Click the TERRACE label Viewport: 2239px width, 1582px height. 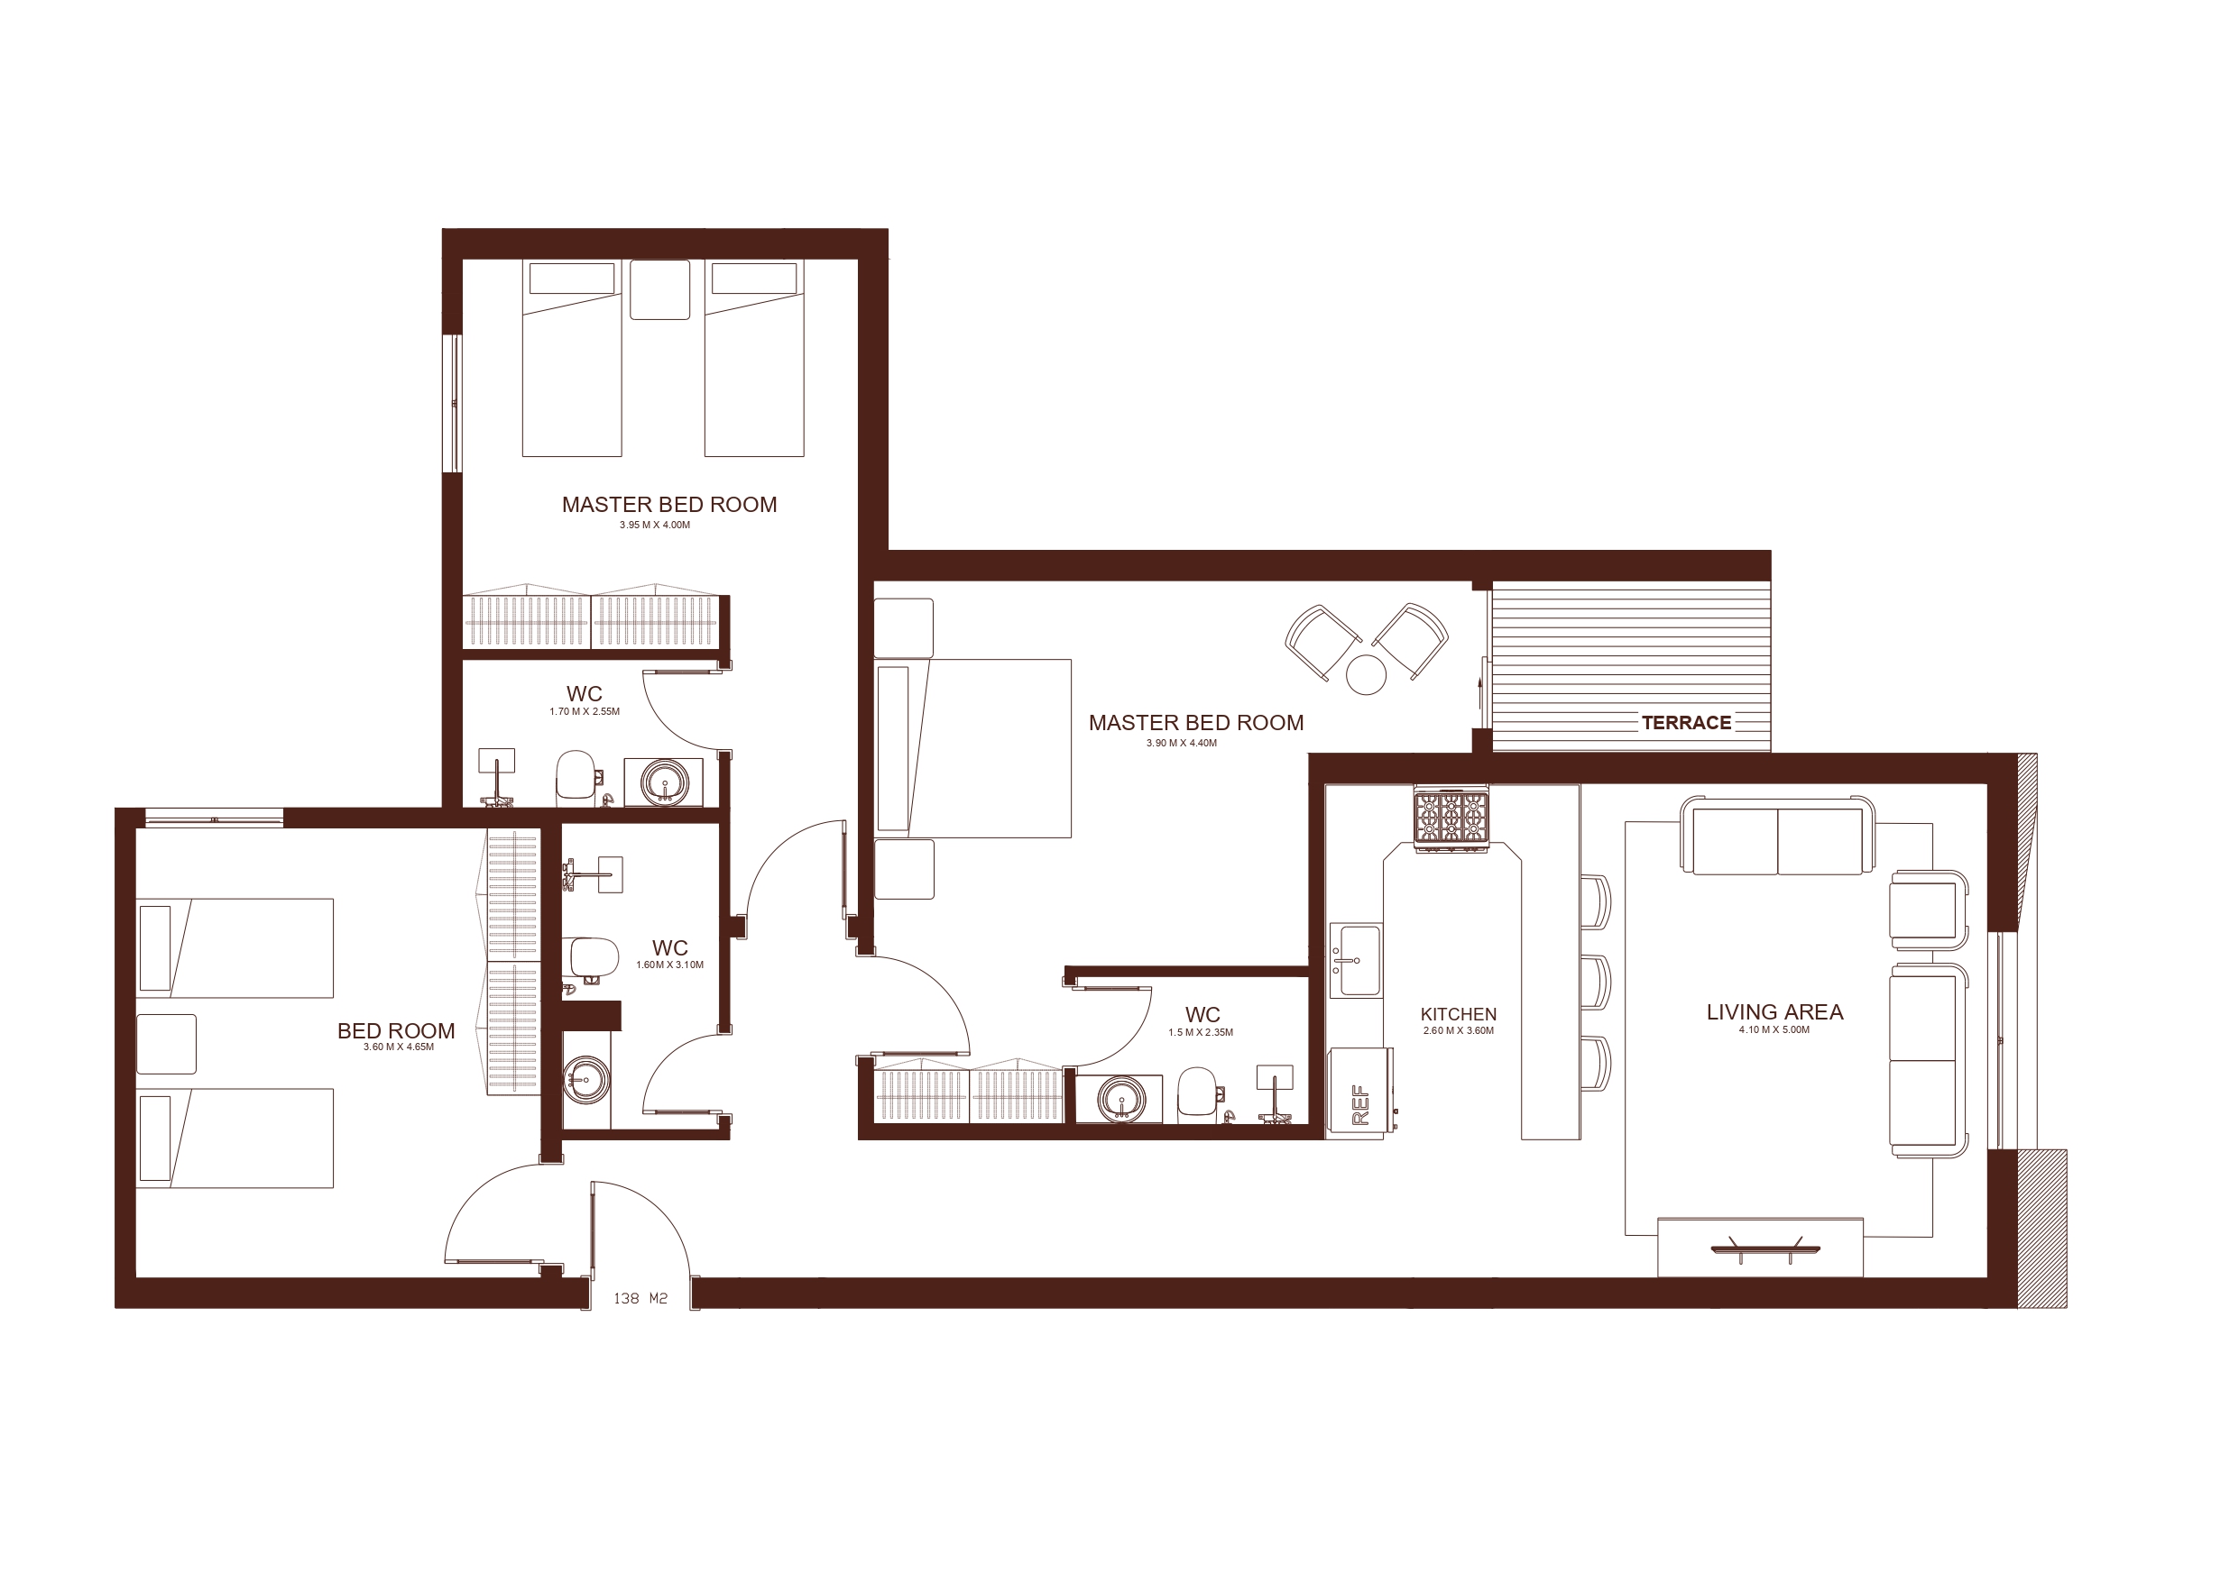pyautogui.click(x=1686, y=722)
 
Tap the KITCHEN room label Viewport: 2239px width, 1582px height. pyautogui.click(x=1458, y=1014)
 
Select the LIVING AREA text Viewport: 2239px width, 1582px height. pyautogui.click(x=1774, y=1011)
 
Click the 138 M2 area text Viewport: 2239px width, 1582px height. pyautogui.click(x=640, y=1298)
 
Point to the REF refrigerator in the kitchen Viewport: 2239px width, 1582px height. pyautogui.click(x=1360, y=1093)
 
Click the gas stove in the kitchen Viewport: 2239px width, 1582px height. pyautogui.click(x=1451, y=818)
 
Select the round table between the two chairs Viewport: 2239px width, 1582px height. pyautogui.click(x=1365, y=673)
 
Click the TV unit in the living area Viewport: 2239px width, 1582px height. pyautogui.click(x=1760, y=1247)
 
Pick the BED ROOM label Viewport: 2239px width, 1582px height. pyautogui.click(x=396, y=1030)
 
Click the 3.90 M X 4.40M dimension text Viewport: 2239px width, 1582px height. pyautogui.click(x=1181, y=743)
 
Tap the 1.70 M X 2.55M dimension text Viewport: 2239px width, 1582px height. pyautogui.click(x=585, y=711)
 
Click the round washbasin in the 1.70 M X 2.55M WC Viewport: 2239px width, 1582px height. pyautogui.click(x=665, y=782)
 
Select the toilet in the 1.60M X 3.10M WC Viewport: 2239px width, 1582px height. pyautogui.click(x=591, y=957)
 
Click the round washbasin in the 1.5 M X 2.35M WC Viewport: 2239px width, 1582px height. pyautogui.click(x=1121, y=1100)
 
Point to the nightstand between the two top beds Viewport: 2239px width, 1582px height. pyautogui.click(x=660, y=289)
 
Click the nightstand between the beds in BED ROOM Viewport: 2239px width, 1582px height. pyautogui.click(x=166, y=1044)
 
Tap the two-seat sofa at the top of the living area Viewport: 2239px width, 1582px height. pyautogui.click(x=1777, y=836)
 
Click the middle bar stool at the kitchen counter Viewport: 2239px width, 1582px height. pyautogui.click(x=1596, y=983)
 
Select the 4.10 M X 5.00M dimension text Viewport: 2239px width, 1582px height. pyautogui.click(x=1774, y=1029)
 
